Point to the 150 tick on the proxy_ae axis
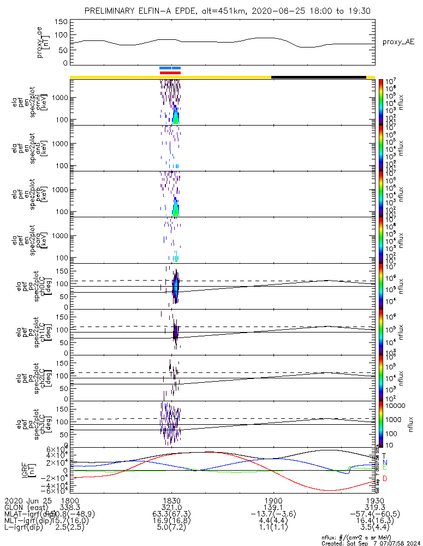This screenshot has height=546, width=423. point(61,22)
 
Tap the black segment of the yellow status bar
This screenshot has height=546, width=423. point(318,77)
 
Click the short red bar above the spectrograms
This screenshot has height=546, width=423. point(170,72)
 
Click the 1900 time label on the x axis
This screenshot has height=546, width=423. point(273,500)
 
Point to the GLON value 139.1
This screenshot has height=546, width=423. point(273,507)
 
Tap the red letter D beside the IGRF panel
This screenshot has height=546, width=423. point(384,478)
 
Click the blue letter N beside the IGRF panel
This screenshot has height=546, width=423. point(384,462)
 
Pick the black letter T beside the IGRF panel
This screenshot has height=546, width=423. point(384,455)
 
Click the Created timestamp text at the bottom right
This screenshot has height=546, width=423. point(371,543)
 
